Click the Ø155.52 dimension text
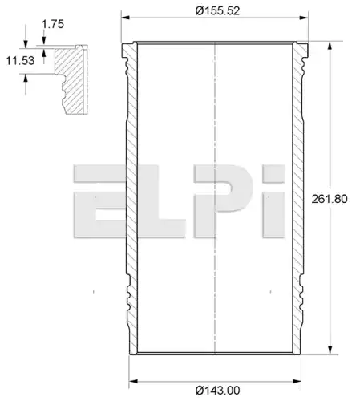pyautogui.click(x=217, y=11)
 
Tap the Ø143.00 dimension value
pyautogui.click(x=217, y=391)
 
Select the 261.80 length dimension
pyautogui.click(x=330, y=199)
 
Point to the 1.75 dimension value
pyautogui.click(x=53, y=24)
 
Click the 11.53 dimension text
pyautogui.click(x=20, y=61)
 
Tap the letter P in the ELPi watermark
pyautogui.click(x=223, y=201)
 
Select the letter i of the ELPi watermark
pyautogui.click(x=273, y=201)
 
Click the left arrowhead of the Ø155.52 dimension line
pyautogui.click(x=125, y=18)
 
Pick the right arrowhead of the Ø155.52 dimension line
pyautogui.click(x=304, y=18)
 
